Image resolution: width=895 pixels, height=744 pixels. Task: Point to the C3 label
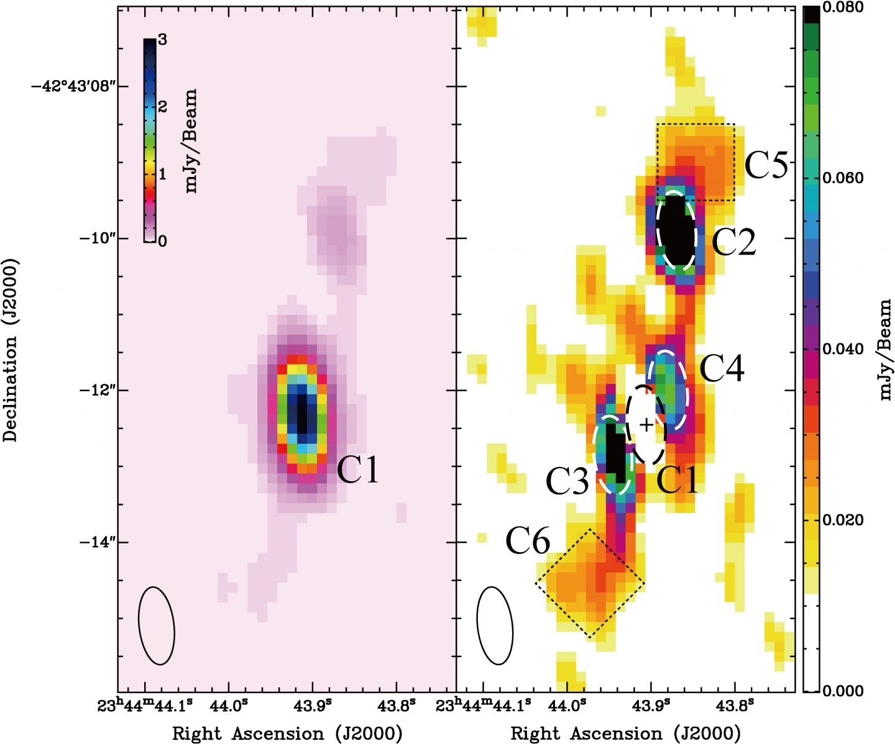(567, 480)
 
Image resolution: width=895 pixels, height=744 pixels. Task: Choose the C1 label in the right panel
(679, 480)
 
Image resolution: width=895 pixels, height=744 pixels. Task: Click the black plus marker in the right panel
(647, 425)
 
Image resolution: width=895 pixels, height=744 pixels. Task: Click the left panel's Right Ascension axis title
(287, 733)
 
